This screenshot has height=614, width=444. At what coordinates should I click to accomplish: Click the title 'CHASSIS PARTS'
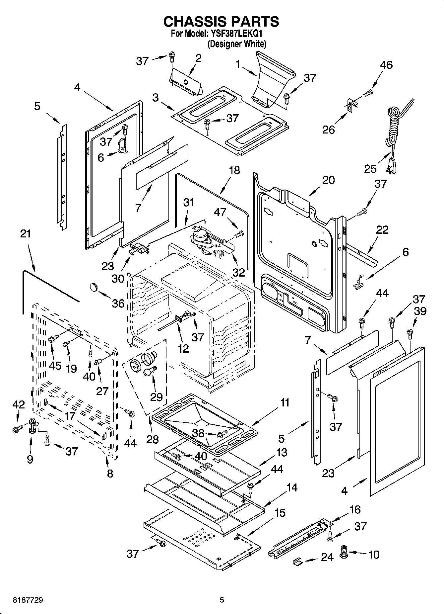coord(222,22)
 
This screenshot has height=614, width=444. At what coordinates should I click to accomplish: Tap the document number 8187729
coord(28,600)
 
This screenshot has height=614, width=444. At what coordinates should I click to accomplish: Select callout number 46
coord(386,65)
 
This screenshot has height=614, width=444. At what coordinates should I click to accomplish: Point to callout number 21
coord(26,233)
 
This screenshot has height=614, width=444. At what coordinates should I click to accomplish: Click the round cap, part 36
coord(94,287)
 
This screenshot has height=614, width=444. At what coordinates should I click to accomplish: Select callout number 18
coord(234,170)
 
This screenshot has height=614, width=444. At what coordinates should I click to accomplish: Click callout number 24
coord(327,557)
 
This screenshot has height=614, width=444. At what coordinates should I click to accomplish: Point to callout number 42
coord(19,404)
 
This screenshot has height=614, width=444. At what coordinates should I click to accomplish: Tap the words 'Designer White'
coord(237,44)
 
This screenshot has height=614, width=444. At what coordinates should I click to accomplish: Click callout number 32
coord(239,272)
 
